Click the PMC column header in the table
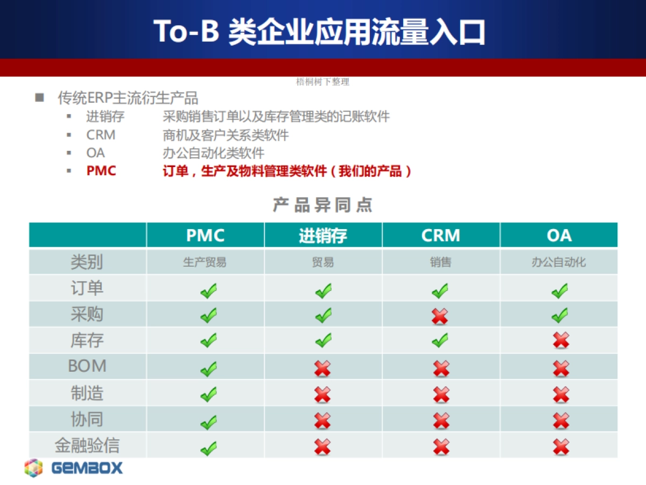205,235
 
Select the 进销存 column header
323,235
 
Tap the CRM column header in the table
440,235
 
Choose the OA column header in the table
559,235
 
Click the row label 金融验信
87,445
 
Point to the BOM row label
87,366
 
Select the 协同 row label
87,419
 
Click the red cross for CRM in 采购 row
440,316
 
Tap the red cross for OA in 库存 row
561,341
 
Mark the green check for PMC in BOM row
209,369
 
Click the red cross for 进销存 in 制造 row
322,395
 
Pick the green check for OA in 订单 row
560,290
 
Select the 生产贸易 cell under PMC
205,262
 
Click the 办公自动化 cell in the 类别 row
559,262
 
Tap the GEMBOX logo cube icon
33,468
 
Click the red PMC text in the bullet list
101,171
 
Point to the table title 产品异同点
323,205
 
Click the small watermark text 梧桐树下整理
322,81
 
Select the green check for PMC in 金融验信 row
209,448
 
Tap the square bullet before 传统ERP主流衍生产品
39,98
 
